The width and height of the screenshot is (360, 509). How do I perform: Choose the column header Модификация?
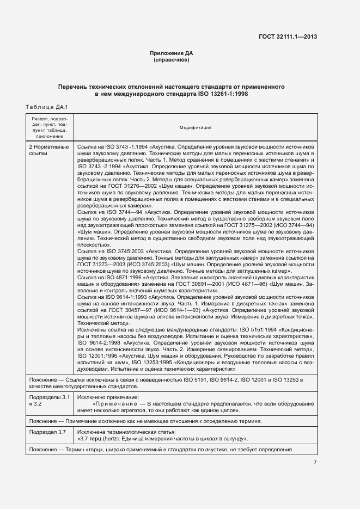[196, 127]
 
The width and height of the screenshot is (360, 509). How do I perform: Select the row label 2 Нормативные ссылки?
[48, 150]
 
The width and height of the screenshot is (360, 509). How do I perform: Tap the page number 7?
[315, 463]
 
